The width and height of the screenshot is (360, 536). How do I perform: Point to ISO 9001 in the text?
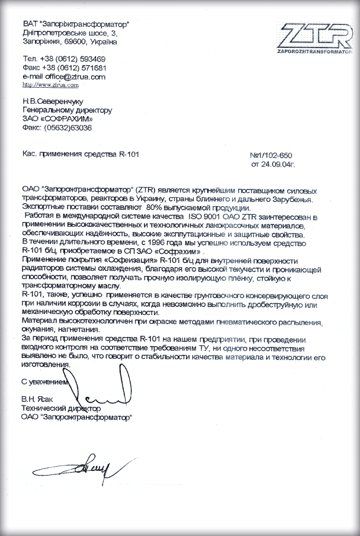click(x=171, y=217)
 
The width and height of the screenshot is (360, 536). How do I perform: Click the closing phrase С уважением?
click(x=46, y=382)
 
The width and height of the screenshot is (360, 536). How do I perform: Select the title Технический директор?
click(x=60, y=409)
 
